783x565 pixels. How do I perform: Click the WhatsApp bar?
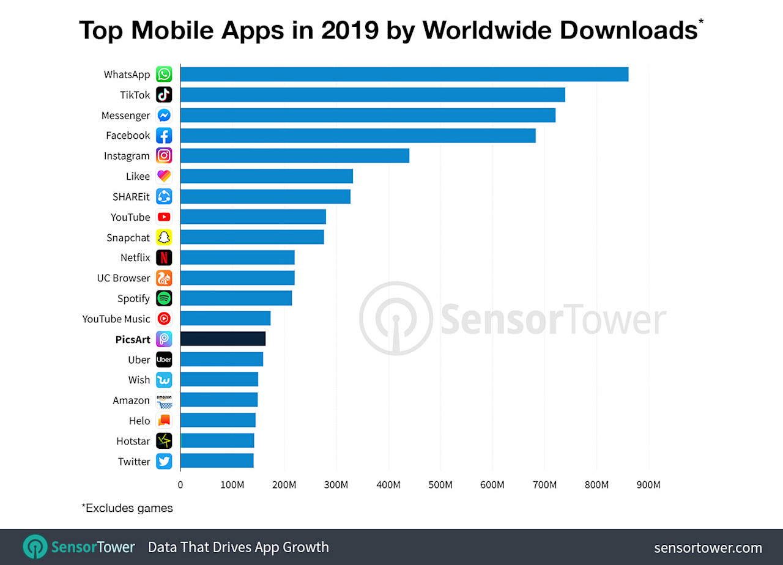tap(404, 74)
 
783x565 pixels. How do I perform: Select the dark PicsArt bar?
tap(223, 339)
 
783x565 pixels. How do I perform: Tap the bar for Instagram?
tap(294, 155)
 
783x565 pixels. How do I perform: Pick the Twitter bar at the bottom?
tap(217, 461)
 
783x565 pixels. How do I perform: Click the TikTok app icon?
tap(164, 95)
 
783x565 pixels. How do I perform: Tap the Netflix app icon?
tap(164, 257)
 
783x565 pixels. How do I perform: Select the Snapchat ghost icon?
tap(164, 237)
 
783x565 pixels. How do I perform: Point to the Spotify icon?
tap(164, 298)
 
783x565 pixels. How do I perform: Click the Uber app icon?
tap(164, 360)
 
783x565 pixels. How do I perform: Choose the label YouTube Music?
tap(116, 319)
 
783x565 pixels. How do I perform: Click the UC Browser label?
tap(123, 278)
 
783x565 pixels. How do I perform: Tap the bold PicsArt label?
tap(133, 339)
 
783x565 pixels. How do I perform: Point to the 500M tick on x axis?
tap(440, 485)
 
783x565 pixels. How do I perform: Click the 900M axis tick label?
tap(648, 485)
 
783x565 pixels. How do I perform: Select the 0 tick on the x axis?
tap(180, 485)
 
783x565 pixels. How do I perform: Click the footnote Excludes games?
tap(127, 508)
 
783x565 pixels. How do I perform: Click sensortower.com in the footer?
tap(708, 547)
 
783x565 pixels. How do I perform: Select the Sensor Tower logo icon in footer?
tap(34, 547)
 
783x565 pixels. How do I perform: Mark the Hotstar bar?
tap(217, 441)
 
